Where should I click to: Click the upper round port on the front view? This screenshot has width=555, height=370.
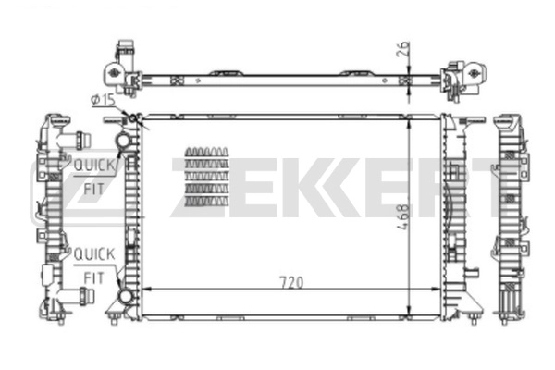123,140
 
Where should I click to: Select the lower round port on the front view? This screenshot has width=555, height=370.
124,296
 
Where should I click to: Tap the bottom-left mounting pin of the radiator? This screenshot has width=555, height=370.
113,319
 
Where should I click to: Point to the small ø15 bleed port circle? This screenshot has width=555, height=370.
132,118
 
